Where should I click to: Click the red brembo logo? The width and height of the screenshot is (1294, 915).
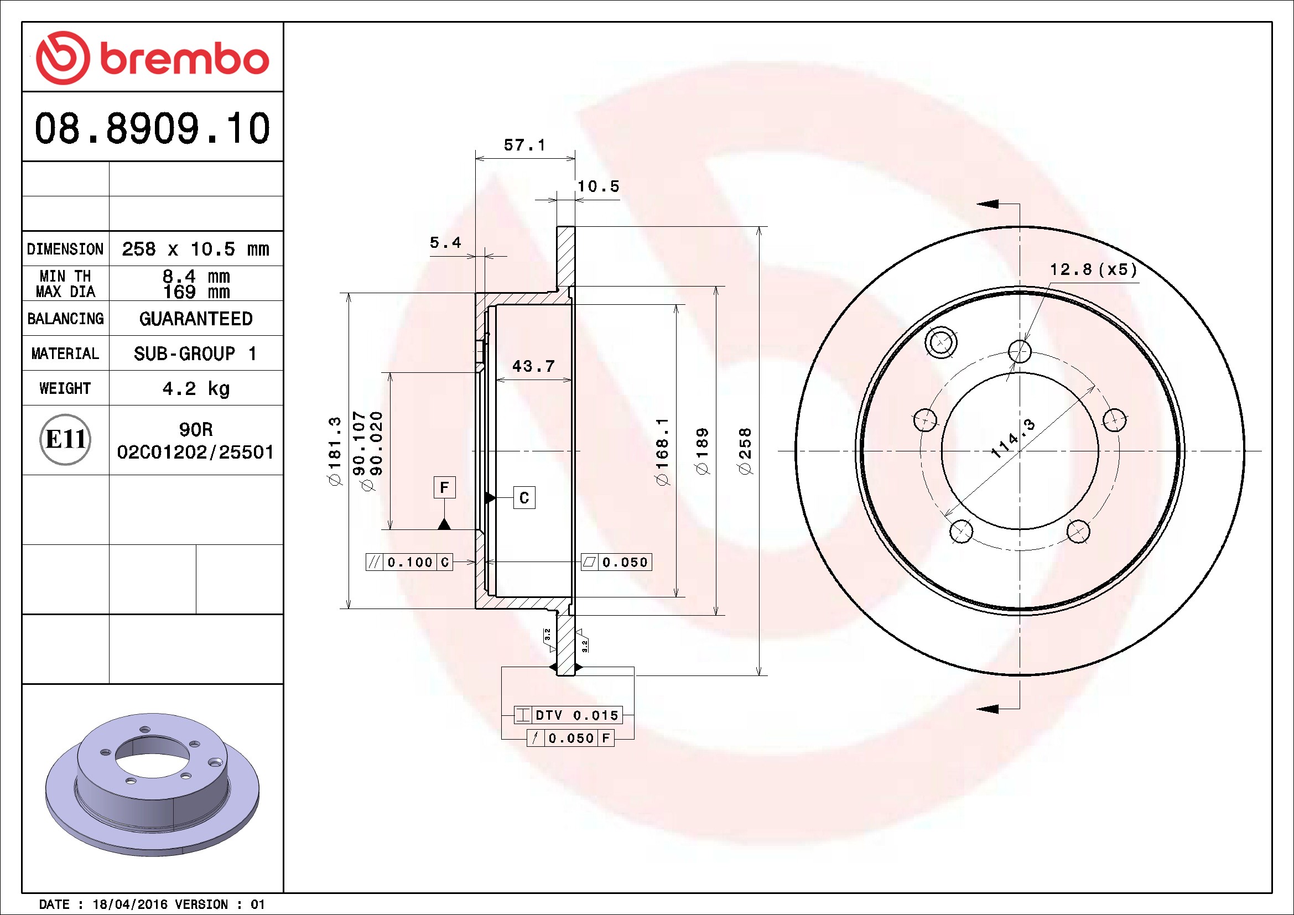point(152,58)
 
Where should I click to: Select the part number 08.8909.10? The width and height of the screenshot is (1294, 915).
point(152,128)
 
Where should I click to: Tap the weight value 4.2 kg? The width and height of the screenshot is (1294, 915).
point(196,388)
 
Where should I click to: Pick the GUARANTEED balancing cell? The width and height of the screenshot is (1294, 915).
point(196,319)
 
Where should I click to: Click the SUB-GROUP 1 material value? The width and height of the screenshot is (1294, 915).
point(195,354)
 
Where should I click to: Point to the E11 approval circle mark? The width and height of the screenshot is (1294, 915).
point(65,439)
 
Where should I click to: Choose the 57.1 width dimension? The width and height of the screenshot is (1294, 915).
point(524,145)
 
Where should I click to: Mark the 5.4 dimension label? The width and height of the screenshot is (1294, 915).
point(445,243)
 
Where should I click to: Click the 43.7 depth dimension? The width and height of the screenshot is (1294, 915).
point(533,366)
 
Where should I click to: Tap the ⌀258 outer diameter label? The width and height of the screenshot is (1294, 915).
point(745,451)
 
